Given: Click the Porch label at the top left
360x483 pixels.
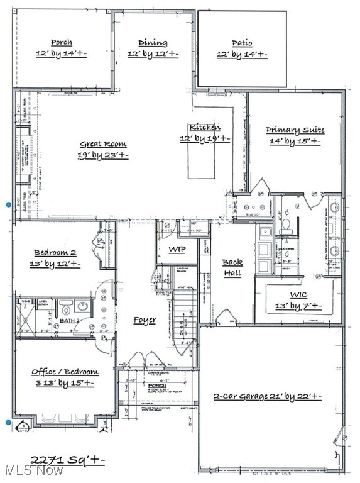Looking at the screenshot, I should click(61, 43).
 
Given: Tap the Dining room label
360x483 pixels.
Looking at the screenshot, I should click(153, 43).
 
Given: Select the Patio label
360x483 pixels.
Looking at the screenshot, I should click(242, 43).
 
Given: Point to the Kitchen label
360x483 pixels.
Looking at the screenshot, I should click(205, 127).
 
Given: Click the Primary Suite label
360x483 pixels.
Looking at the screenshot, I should click(295, 130).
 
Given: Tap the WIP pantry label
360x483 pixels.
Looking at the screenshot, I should click(177, 250).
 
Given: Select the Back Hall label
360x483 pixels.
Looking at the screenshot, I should click(232, 267).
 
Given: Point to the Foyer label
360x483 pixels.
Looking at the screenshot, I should click(145, 320).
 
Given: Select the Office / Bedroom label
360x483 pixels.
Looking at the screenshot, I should click(65, 372).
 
